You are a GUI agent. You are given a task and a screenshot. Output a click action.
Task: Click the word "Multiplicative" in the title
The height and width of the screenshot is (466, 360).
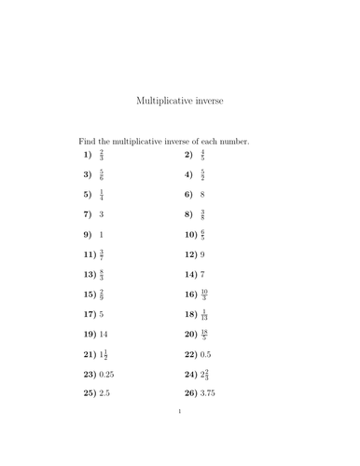166,100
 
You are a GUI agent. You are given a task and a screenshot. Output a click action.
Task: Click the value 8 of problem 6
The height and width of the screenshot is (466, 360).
202,194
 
